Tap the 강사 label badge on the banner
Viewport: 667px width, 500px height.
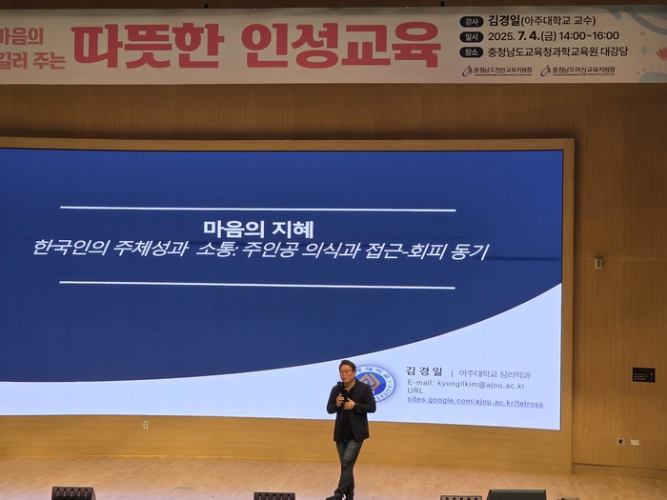(x=470, y=21)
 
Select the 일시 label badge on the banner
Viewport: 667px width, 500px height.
(x=470, y=36)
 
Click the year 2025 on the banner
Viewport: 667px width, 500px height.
(x=503, y=36)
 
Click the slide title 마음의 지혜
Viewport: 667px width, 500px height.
(x=258, y=229)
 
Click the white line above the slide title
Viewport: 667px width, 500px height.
(x=257, y=209)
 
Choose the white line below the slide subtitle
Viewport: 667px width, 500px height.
(x=257, y=284)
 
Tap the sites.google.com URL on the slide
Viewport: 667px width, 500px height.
(x=475, y=403)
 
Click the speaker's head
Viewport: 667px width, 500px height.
(x=347, y=370)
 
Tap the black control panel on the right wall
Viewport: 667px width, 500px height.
(x=643, y=374)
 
